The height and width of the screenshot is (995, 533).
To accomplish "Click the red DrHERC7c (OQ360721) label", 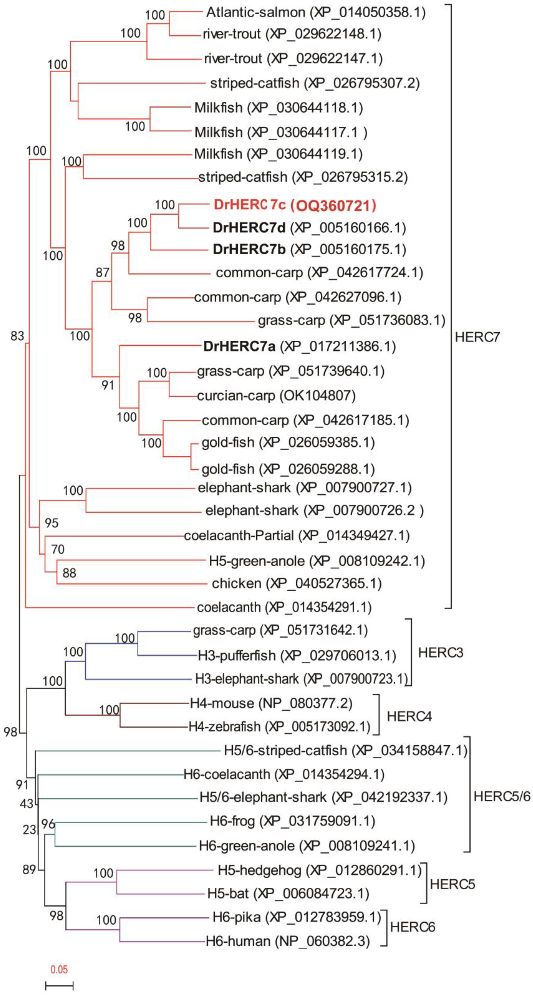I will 295,205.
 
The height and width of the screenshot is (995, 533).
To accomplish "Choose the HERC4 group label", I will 409,717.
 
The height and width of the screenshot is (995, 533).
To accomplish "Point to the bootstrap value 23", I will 29,830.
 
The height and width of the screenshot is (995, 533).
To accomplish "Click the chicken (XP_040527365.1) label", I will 296,583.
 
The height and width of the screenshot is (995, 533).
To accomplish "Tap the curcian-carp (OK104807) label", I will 276,395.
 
